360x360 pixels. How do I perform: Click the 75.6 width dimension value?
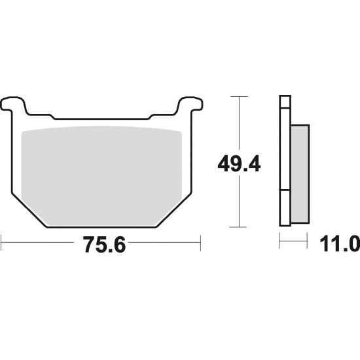point(104,245)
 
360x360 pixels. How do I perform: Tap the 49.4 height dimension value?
point(239,164)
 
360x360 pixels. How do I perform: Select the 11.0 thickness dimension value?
point(340,245)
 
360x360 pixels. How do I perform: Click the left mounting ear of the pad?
point(12,104)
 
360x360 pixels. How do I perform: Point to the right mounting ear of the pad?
point(190,104)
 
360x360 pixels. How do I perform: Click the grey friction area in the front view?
point(101,175)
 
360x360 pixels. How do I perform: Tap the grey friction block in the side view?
point(300,174)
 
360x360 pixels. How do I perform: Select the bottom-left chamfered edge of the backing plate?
point(29,210)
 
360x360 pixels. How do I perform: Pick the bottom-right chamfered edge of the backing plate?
point(174,210)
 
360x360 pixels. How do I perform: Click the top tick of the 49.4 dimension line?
point(239,96)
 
